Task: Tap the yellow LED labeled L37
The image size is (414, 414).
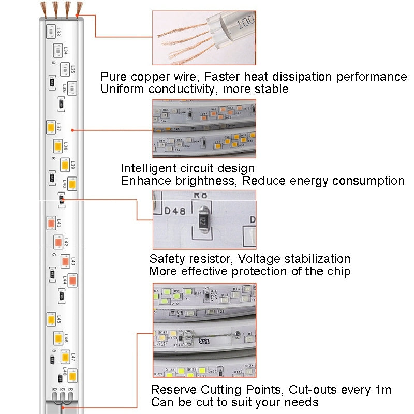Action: (51, 126)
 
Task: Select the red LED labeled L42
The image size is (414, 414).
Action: (58, 241)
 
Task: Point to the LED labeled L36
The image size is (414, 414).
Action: (72, 88)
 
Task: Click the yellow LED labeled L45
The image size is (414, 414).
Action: (51, 318)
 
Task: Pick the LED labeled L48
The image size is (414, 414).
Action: (72, 374)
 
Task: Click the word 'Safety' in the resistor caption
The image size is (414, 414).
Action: (167, 259)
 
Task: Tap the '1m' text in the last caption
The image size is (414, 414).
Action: (381, 390)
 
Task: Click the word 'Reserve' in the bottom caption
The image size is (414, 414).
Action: (173, 390)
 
